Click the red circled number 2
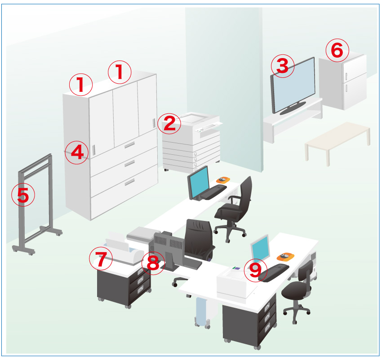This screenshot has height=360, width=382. tap(169, 123)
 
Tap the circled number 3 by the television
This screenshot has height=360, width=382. tap(283, 66)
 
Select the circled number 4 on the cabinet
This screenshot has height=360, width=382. tap(77, 152)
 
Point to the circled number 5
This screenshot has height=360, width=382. tap(23, 195)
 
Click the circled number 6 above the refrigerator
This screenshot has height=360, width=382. tap(337, 50)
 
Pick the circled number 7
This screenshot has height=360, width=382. tap(101, 259)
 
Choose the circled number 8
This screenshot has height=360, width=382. tap(153, 263)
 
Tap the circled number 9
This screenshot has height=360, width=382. tap(255, 270)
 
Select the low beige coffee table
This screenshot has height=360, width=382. tap(338, 143)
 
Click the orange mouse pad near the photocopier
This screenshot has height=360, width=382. tap(223, 180)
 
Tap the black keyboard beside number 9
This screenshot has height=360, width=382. tap(274, 272)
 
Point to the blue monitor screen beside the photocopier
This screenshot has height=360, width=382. tap(199, 182)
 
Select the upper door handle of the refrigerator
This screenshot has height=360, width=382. tap(346, 76)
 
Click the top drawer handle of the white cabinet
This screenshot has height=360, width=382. tap(129, 145)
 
